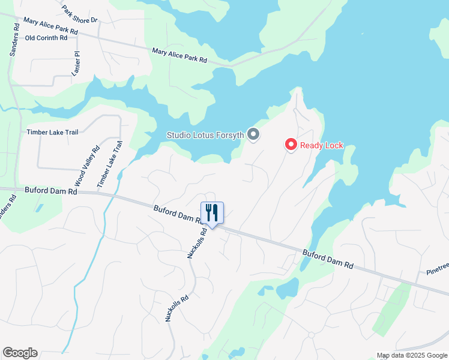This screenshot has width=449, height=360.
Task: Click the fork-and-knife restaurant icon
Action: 212,212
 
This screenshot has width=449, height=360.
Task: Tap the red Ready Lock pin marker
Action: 291,145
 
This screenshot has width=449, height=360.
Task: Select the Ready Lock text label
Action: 322,145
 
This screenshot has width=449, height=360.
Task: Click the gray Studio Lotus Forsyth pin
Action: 253,134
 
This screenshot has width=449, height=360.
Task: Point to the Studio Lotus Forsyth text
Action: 205,135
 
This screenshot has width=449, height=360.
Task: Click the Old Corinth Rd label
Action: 47,38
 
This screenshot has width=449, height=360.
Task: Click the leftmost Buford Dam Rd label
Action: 51,191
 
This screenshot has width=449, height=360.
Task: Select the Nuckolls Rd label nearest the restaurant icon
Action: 197,242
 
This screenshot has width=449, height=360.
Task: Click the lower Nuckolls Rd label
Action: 177,308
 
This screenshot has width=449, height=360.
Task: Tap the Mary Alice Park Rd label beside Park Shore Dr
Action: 50,25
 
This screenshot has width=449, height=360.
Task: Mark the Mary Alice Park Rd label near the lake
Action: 179,56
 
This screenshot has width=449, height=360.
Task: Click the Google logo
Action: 20,353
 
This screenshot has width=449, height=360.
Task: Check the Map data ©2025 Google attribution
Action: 412,355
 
